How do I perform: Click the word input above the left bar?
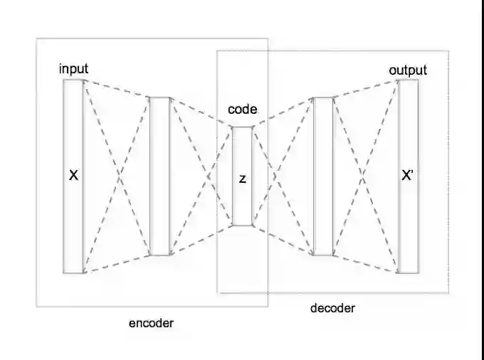[74, 68]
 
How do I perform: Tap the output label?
[408, 70]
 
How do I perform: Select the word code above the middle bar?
[242, 110]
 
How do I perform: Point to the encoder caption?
[151, 323]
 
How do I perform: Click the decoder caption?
[332, 308]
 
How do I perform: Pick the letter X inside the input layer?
[73, 174]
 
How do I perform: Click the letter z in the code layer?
[242, 179]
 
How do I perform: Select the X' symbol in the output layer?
[408, 176]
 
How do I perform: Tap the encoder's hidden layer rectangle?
[160, 213]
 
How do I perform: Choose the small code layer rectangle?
[242, 206]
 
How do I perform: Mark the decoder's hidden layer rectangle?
[324, 213]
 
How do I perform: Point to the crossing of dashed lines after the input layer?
[117, 176]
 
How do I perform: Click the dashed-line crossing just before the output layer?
[366, 176]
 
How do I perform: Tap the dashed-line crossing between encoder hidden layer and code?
[209, 176]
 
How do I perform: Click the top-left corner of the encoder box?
[37, 38]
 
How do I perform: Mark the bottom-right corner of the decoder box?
[448, 292]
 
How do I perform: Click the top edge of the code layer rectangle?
[242, 127]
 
